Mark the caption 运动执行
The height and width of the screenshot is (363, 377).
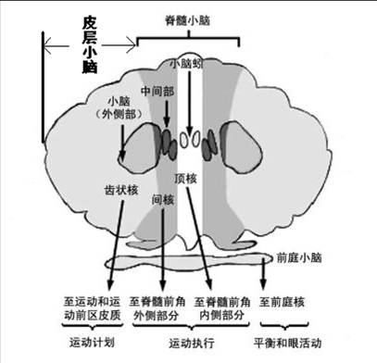coord(188,344)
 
